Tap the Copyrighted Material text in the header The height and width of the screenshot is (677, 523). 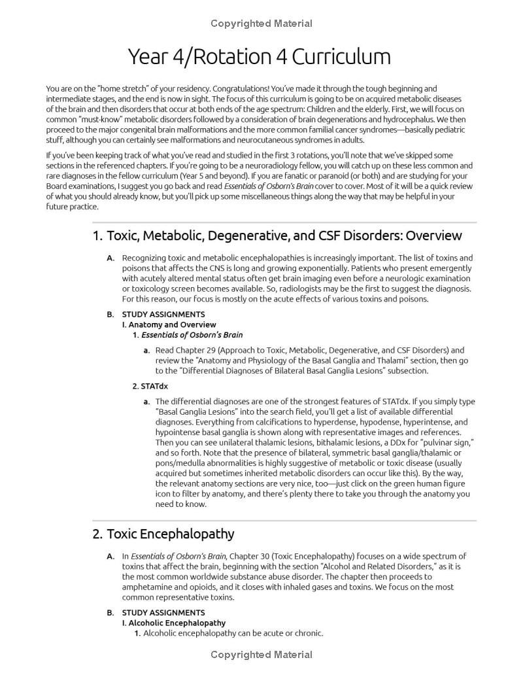(x=261, y=24)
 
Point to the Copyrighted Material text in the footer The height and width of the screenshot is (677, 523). (x=261, y=655)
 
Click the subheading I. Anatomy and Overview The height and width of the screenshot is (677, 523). (x=169, y=324)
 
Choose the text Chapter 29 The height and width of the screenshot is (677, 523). (x=200, y=350)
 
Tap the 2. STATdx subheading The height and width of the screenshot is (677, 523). (x=150, y=386)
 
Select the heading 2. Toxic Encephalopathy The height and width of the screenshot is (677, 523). (x=163, y=534)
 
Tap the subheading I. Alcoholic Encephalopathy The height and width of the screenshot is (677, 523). (x=173, y=623)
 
